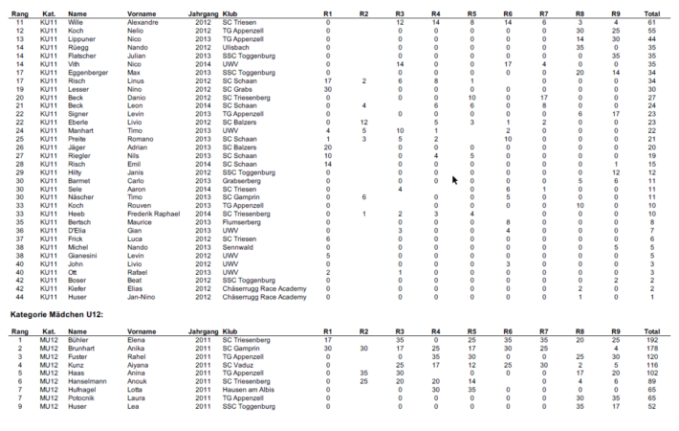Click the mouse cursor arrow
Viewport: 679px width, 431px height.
tap(456, 179)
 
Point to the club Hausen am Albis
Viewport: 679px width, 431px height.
tap(248, 390)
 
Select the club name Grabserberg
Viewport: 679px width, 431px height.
tap(243, 179)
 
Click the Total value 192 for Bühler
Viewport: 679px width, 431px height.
tap(652, 339)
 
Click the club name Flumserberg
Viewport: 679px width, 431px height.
tap(244, 221)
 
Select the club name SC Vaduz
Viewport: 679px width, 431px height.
tap(238, 364)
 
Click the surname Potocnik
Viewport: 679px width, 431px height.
tap(83, 397)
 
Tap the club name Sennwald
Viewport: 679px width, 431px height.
tap(237, 246)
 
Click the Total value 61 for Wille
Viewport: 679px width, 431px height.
tap(652, 21)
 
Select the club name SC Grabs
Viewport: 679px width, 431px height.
tap(237, 88)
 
